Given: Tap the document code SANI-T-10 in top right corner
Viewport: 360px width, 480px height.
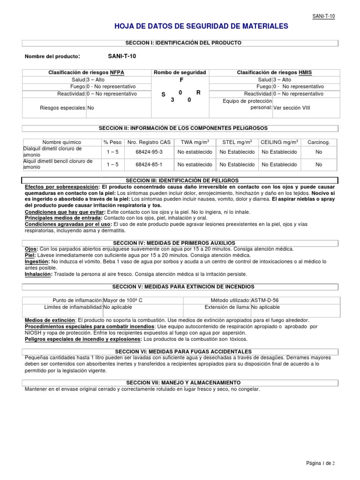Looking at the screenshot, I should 324,16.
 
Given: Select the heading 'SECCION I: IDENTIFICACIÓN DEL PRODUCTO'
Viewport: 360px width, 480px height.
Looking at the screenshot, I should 180,43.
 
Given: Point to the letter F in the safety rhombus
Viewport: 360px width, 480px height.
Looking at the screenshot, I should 180,80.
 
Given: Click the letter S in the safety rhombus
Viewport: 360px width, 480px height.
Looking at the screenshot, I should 164,95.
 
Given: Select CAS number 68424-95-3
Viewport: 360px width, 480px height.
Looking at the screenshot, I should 149,152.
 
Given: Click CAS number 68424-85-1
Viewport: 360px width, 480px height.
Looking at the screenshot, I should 149,165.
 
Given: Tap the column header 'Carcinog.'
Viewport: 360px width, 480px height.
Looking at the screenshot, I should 319,142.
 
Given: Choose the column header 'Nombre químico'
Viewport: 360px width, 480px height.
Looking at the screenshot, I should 62,142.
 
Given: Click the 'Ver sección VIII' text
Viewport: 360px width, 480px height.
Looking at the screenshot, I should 292,108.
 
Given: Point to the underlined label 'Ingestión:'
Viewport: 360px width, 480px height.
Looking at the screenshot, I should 37,262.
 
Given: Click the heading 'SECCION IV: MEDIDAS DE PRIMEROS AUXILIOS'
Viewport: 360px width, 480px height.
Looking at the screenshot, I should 180,243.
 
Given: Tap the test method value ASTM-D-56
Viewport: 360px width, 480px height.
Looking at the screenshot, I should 268,300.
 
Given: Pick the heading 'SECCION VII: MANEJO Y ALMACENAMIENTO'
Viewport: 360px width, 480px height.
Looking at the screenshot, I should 180,382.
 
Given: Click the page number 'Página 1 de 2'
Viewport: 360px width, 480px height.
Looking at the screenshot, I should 320,463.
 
